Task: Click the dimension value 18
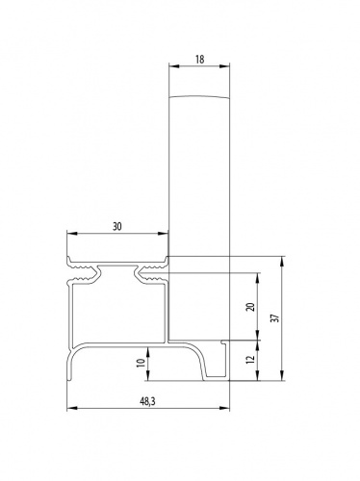[x=199, y=60]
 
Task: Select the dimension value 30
[x=117, y=226]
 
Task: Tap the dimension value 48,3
[x=147, y=401]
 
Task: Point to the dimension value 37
[x=275, y=317]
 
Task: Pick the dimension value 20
[x=251, y=307]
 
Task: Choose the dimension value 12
[x=251, y=359]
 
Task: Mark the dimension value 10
[x=141, y=363]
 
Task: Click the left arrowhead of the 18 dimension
[x=174, y=66]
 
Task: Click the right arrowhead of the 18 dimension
[x=224, y=66]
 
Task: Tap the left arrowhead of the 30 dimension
[x=72, y=234]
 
